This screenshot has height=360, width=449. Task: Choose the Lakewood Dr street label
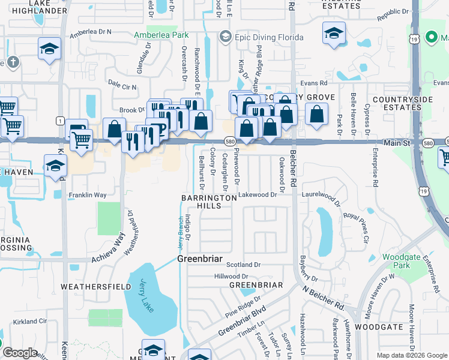click(258, 194)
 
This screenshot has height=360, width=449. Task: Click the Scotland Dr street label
click(244, 265)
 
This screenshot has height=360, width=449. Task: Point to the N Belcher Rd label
click(323, 298)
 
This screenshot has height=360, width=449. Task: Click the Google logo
click(20, 353)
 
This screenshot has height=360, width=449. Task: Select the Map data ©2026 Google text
click(411, 355)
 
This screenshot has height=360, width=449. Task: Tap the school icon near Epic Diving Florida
click(225, 38)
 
